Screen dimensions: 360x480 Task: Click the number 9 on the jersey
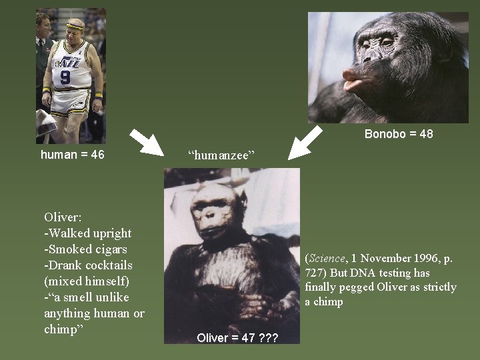pyautogui.click(x=65, y=77)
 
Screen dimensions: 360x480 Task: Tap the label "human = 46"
pyautogui.click(x=73, y=155)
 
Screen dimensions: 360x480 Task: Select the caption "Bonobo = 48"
pyautogui.click(x=399, y=134)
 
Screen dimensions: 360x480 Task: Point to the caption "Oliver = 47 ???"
pyautogui.click(x=237, y=338)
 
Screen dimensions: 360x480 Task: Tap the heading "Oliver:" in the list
pyautogui.click(x=63, y=217)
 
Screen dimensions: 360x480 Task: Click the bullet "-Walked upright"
pyautogui.click(x=88, y=233)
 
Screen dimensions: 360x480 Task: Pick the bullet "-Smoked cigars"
pyautogui.click(x=85, y=249)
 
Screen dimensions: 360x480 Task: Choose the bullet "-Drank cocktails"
pyautogui.click(x=87, y=265)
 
